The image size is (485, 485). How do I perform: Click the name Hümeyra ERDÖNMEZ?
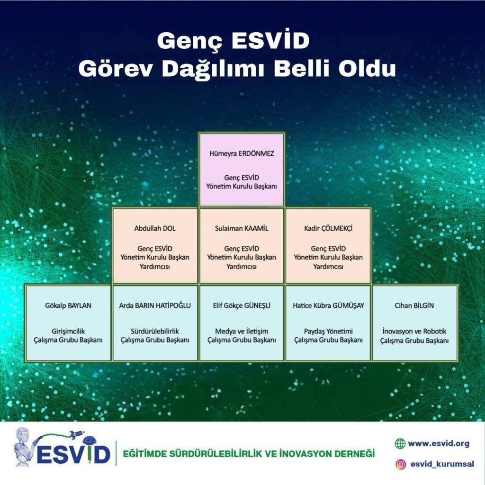click(242, 154)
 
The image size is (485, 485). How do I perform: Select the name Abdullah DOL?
click(155, 229)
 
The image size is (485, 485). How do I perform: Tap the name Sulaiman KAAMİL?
click(242, 229)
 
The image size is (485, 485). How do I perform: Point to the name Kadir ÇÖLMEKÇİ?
click(328, 229)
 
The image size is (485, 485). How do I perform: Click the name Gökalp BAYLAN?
click(68, 305)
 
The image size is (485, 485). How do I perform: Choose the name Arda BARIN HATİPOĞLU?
click(155, 305)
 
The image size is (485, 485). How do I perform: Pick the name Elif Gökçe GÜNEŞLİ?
click(242, 305)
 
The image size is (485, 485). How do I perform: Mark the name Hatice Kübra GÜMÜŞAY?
click(328, 305)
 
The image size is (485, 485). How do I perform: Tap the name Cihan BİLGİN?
click(414, 305)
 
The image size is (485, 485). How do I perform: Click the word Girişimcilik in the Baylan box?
click(68, 331)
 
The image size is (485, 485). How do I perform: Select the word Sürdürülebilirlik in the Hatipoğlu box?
click(155, 331)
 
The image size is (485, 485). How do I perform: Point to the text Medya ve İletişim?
click(242, 331)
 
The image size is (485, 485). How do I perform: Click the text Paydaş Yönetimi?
click(328, 331)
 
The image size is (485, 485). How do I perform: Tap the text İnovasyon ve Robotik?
click(414, 331)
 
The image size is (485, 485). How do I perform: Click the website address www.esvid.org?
click(439, 443)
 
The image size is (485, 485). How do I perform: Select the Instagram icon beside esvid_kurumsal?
click(401, 464)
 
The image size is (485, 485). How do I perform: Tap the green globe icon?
click(400, 443)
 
